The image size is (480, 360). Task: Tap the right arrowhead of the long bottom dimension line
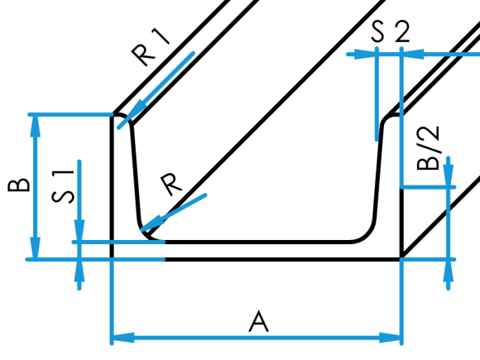pyautogui.click(x=390, y=337)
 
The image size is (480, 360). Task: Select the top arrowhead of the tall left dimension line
pyautogui.click(x=35, y=127)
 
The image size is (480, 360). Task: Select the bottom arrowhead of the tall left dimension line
pyautogui.click(x=35, y=247)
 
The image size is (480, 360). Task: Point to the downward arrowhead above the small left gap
pyautogui.click(x=80, y=230)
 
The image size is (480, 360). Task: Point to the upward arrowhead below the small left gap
pyautogui.click(x=80, y=272)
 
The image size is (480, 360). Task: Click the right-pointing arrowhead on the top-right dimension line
pyautogui.click(x=365, y=54)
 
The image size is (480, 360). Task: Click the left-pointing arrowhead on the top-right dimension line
pyautogui.click(x=413, y=54)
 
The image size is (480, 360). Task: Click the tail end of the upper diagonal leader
pyautogui.click(x=193, y=53)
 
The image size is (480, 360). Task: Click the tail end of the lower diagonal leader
pyautogui.click(x=205, y=195)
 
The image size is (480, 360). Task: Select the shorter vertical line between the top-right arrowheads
pyautogui.click(x=376, y=96)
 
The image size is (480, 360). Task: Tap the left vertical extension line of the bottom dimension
pyautogui.click(x=111, y=302)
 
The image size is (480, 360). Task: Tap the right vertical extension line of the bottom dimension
pyautogui.click(x=401, y=302)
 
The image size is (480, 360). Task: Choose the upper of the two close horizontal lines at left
pyautogui.click(x=120, y=242)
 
